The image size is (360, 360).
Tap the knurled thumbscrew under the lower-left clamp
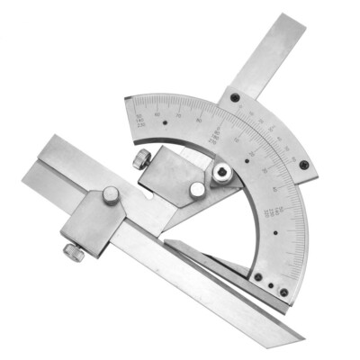[x=74, y=254]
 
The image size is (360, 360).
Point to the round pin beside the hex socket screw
[x=196, y=189]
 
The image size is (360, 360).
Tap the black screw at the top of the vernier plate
[x=236, y=98]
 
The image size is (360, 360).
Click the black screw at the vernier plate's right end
[x=304, y=165]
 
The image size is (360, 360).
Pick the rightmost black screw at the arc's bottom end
[x=284, y=292]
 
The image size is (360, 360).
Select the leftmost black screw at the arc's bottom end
[x=257, y=278]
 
